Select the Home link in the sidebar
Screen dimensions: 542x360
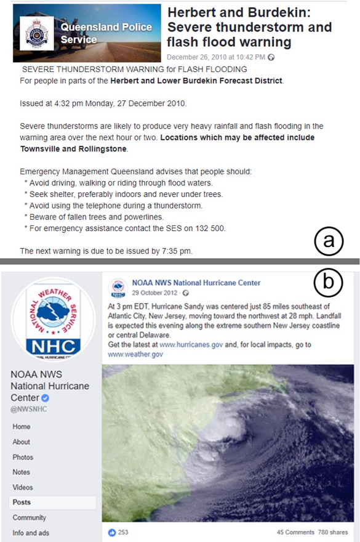[x=22, y=426]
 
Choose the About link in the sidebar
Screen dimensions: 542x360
[x=22, y=442]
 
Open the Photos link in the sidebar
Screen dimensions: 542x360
[x=23, y=457]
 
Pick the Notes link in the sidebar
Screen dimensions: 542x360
[x=22, y=472]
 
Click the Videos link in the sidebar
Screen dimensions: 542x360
[x=23, y=487]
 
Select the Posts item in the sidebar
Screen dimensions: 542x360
[x=22, y=503]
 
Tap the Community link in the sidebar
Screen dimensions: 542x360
[x=28, y=517]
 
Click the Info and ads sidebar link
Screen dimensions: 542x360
[x=32, y=532]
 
